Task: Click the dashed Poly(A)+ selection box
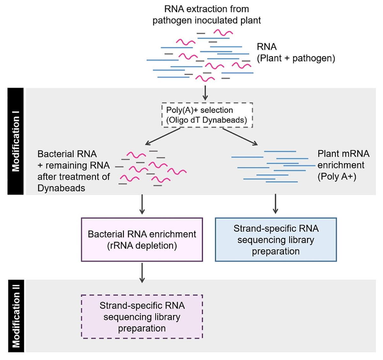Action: coord(207,115)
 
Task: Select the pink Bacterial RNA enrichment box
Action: coord(142,240)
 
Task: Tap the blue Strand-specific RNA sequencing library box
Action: coord(276,240)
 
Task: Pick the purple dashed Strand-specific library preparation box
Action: coord(142,317)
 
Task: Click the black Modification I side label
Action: coord(16,141)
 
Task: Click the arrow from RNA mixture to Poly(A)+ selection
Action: coord(205,92)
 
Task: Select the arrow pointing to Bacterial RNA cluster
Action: coord(163,137)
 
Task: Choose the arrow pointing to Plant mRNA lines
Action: coord(240,137)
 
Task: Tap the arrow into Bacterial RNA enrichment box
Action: coord(142,204)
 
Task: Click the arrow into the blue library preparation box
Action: coord(275,204)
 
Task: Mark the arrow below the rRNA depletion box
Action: coord(142,273)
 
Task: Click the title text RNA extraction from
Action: coord(207,9)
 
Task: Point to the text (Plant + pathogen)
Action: coord(296,58)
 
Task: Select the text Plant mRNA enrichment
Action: coord(343,159)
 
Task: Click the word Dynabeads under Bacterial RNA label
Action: coord(61,188)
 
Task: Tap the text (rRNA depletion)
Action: coord(142,245)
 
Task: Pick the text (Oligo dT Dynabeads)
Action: coord(207,120)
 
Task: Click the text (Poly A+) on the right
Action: coord(337,176)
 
